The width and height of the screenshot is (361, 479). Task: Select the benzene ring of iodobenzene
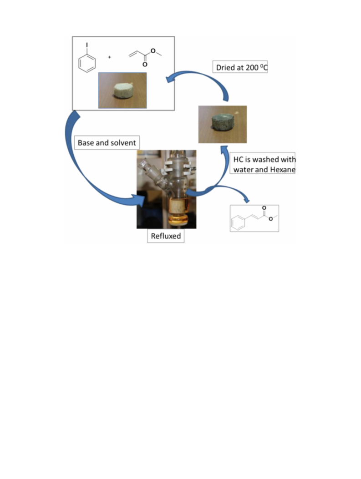coord(87,63)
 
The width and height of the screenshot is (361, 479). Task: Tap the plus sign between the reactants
coord(109,57)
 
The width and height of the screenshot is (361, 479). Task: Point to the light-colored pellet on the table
coord(122,91)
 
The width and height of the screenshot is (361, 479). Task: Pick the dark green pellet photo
coord(223,124)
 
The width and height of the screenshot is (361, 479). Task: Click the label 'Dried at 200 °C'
coord(240,67)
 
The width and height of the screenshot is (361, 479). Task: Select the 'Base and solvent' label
coord(107,143)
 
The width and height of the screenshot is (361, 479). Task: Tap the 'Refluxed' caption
coord(166,236)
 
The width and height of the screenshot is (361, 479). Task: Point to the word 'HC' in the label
coord(238,159)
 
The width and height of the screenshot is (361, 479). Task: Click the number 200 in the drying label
coord(252,67)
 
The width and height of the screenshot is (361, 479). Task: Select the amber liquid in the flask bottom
coord(177,219)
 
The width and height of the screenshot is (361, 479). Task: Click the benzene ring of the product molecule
coord(238,222)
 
